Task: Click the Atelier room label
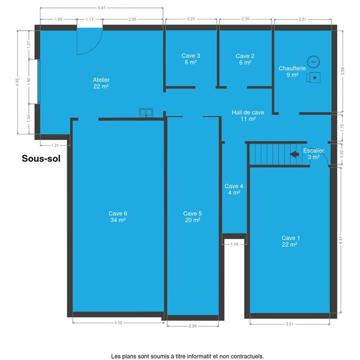(x=101, y=83)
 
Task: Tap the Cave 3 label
(x=191, y=59)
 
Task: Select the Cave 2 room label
(x=245, y=59)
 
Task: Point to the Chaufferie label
(x=292, y=72)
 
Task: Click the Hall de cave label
(x=248, y=115)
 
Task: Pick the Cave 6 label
(x=118, y=217)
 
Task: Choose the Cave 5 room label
(x=192, y=217)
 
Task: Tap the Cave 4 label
(x=234, y=189)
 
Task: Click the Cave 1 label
(x=290, y=241)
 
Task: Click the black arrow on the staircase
(x=294, y=154)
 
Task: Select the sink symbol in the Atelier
(x=146, y=113)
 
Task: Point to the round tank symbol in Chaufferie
(x=313, y=62)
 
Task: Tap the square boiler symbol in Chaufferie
(x=313, y=77)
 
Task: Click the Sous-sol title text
(x=41, y=159)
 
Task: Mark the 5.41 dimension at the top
(x=101, y=8)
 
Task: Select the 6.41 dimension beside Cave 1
(x=341, y=240)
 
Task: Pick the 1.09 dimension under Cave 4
(x=234, y=244)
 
